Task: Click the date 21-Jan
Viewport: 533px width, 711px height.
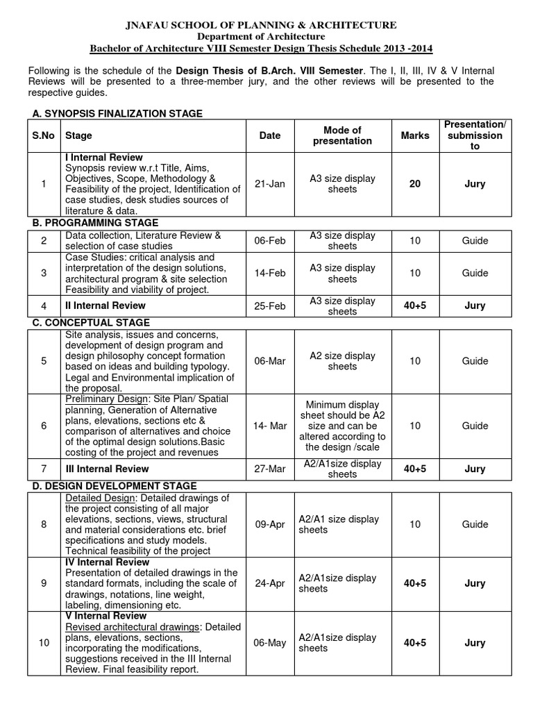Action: (269, 184)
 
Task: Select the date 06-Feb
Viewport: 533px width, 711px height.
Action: (269, 241)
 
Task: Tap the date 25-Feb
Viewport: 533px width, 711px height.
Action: (269, 306)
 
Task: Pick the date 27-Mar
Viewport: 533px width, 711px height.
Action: (269, 469)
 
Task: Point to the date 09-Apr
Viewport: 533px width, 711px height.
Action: (269, 524)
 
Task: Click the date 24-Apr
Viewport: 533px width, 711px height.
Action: (269, 583)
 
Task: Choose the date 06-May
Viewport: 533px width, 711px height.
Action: (269, 643)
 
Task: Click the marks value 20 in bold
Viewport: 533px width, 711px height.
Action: (415, 184)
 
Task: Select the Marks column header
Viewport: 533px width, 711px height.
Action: (415, 135)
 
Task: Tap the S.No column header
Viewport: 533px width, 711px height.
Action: (43, 135)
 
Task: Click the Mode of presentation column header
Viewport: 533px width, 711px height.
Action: (342, 135)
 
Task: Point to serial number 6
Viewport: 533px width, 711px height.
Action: (44, 426)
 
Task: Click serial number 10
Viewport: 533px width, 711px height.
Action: (44, 643)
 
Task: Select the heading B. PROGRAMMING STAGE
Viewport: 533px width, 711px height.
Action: (96, 223)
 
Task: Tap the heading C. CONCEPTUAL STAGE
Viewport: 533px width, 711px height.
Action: (92, 323)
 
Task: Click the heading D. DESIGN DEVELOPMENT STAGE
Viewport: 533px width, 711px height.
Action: (115, 486)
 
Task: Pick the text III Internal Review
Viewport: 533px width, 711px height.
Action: (105, 469)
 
